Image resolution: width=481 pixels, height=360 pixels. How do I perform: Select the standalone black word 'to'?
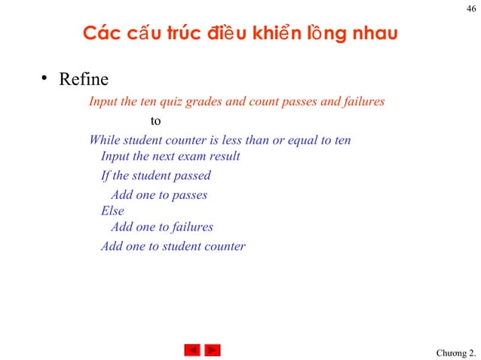pyautogui.click(x=156, y=121)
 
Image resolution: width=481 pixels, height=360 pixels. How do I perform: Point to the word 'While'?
pyautogui.click(x=104, y=140)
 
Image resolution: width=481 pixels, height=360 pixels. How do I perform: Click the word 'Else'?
pyautogui.click(x=112, y=212)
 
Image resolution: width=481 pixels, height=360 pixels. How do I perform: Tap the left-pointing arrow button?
pyautogui.click(x=192, y=350)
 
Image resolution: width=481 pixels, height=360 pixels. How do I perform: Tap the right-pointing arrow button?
pyautogui.click(x=213, y=350)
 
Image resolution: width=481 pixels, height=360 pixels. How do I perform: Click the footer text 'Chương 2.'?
pyautogui.click(x=456, y=353)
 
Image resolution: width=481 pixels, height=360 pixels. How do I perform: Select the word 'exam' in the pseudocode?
pyautogui.click(x=190, y=157)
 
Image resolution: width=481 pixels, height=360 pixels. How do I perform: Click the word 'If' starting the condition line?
pyautogui.click(x=106, y=175)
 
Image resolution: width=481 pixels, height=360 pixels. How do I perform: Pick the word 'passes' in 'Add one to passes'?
pyautogui.click(x=189, y=195)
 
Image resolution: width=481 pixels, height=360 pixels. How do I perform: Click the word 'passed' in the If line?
pyautogui.click(x=192, y=175)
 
